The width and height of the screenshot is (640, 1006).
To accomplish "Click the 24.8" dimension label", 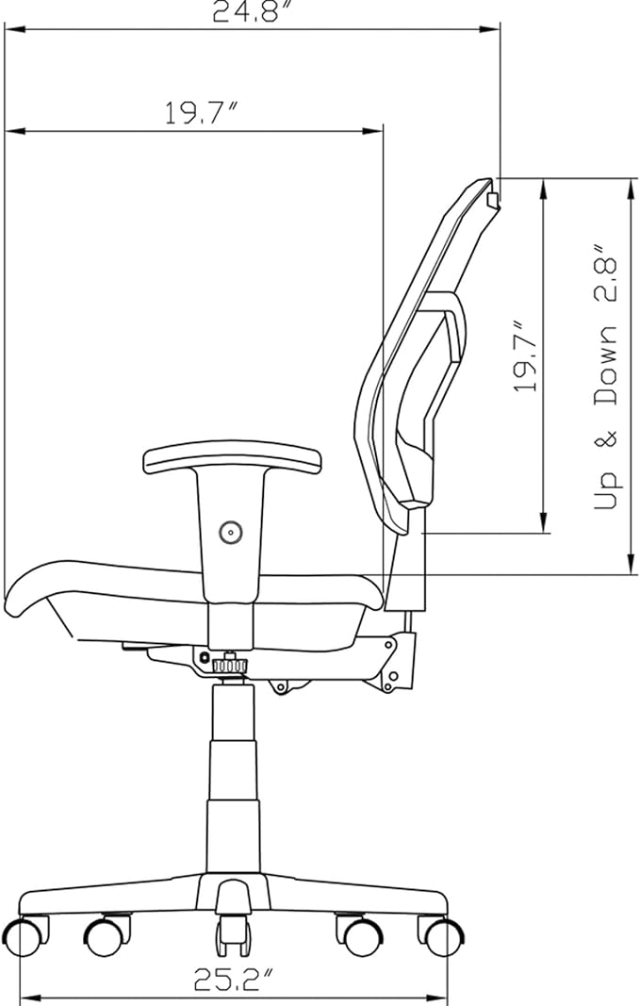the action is (246, 11).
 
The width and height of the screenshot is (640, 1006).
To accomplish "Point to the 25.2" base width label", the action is (234, 979).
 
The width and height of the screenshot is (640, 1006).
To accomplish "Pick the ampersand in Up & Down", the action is (606, 438).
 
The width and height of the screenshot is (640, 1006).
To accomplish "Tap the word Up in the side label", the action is (606, 491).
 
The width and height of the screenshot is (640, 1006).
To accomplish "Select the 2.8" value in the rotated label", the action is (606, 273).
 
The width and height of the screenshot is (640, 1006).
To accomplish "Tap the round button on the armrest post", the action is (230, 531).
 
